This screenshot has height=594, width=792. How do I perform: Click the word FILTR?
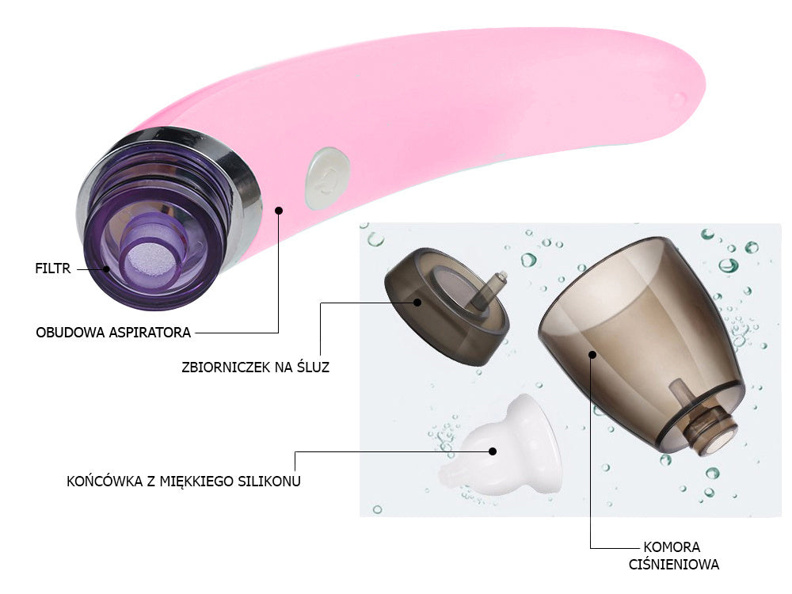pos(53,268)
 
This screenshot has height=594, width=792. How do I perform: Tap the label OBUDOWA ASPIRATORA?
pos(113,332)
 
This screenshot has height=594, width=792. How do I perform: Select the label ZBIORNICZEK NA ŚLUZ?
pos(255,366)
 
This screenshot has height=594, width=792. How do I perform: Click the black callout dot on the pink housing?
pos(279,210)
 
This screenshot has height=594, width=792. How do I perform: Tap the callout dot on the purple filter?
pos(105,268)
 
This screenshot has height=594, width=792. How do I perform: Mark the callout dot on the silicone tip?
pos(493,451)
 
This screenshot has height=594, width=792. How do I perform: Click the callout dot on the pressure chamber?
pos(592,353)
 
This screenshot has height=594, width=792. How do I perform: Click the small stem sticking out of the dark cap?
pos(497,283)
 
